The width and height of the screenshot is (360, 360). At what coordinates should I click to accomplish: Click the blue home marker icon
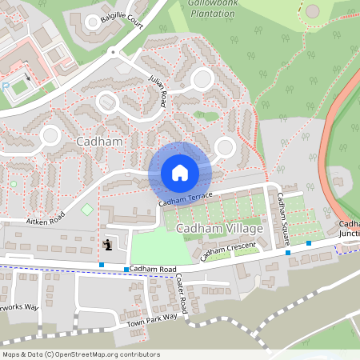[x=180, y=172]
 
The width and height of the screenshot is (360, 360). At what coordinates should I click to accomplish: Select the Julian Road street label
[x=158, y=88]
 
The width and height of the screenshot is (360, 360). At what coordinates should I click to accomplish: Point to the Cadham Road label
[x=152, y=269]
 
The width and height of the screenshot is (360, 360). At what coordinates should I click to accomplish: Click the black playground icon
[x=108, y=245]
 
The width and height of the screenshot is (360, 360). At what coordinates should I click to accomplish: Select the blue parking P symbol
[x=6, y=86]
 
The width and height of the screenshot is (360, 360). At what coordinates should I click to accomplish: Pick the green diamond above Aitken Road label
[x=86, y=210]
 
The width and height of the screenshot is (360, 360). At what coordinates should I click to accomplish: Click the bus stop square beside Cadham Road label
[x=126, y=269]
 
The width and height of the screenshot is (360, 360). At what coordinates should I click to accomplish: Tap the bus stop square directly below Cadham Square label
[x=288, y=253]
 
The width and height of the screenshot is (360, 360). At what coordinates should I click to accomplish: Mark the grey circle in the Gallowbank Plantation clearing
[x=312, y=10]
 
